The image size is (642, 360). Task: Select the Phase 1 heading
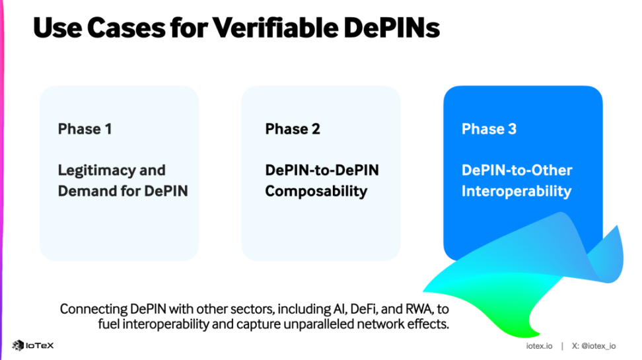[x=85, y=129]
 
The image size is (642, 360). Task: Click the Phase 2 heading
[x=293, y=129]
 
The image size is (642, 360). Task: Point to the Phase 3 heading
[x=489, y=129]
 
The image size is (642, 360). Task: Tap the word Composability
[x=316, y=192]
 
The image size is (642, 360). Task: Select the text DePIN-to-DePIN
[x=322, y=170]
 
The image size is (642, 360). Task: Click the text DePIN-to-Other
[x=517, y=170]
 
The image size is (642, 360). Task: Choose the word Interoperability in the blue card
[x=516, y=192]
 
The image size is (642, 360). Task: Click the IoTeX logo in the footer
[x=32, y=345]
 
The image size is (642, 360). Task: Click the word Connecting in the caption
[x=92, y=308]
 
